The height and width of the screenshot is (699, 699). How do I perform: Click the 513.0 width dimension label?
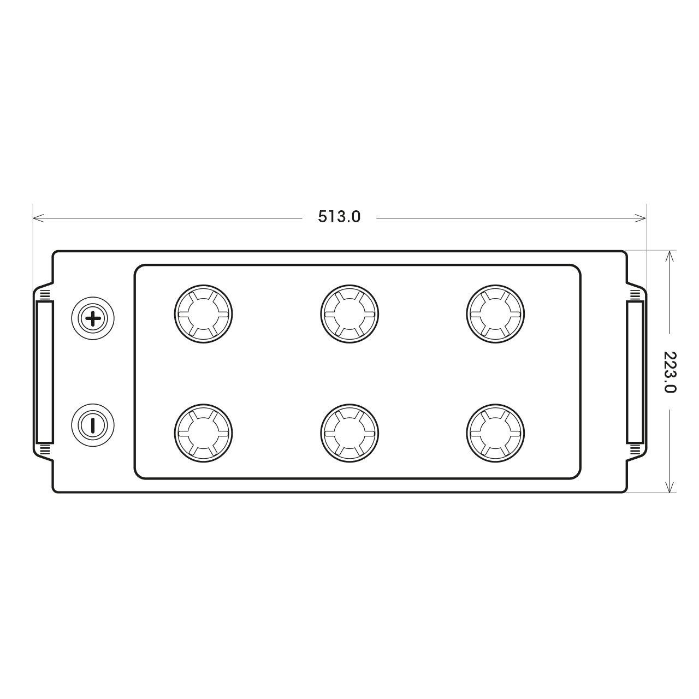339,217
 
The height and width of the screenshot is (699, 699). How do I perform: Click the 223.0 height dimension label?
670,372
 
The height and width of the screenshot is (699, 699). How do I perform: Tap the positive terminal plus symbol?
93,318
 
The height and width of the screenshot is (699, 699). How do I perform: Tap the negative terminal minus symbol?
93,425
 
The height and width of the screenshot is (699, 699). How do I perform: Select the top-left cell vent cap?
204,314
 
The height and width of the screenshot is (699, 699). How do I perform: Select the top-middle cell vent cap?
349,314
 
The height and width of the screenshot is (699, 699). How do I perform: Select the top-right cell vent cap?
495,314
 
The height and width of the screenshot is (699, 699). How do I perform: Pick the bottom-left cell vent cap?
204,433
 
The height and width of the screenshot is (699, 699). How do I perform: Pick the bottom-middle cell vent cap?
349,433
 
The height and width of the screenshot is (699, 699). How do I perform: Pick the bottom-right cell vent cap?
495,433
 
